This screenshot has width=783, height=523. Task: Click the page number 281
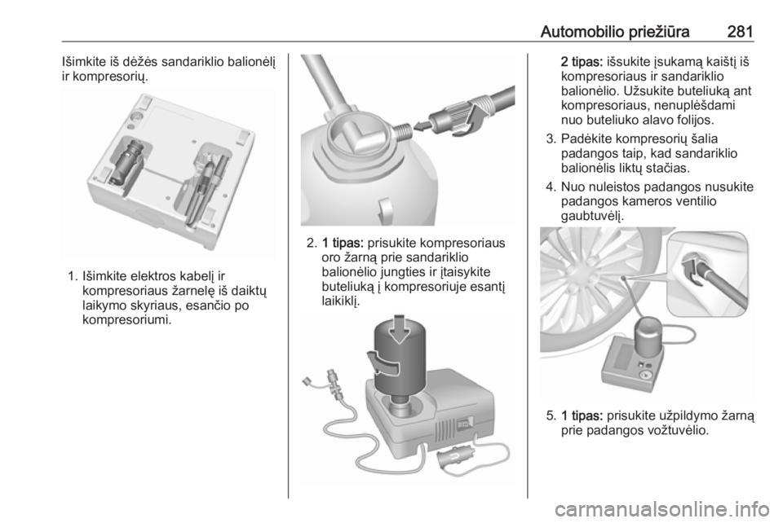740,32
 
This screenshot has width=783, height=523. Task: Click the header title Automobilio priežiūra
615,32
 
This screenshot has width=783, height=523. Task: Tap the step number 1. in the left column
73,275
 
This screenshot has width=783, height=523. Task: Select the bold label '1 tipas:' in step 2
344,244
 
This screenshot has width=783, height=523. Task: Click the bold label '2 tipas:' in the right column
582,63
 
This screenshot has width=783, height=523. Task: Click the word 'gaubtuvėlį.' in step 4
593,217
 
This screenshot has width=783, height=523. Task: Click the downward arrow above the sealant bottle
399,329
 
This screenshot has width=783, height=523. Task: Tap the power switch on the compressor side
465,424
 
